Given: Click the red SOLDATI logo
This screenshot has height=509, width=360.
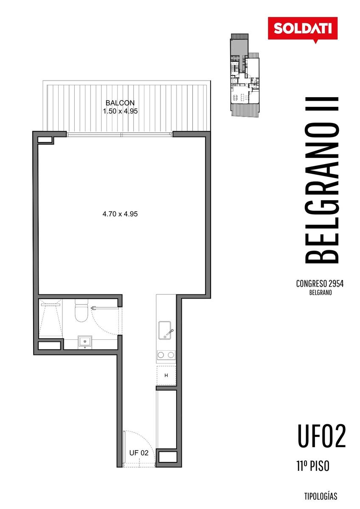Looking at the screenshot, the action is point(302,29).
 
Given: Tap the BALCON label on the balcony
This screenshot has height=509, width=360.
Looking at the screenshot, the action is point(120,103).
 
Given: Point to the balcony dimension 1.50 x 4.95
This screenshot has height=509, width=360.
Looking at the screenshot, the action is point(120,111).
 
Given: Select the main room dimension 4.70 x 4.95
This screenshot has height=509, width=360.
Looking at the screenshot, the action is point(120,214).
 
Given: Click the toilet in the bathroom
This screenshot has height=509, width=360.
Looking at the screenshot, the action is point(81,310).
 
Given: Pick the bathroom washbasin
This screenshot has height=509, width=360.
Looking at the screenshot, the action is point(85,341).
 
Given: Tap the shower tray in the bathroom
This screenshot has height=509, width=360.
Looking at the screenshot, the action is point(51,319).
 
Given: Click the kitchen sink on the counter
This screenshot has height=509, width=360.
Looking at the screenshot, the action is point(165,330).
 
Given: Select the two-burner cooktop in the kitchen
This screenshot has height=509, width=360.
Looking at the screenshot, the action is point(166,355).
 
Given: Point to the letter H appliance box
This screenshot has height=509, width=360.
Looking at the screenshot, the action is point(166,375).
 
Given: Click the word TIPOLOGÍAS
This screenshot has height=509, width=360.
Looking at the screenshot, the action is point(321,496).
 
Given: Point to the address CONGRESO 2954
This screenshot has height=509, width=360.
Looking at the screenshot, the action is point(320,284).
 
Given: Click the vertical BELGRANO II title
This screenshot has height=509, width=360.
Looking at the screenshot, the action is point(321,180).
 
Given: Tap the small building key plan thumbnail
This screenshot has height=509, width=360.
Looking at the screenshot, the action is point(245,76).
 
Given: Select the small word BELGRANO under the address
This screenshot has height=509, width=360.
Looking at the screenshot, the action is point(321,293).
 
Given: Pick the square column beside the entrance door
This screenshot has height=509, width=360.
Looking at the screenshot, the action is point(168,457).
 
